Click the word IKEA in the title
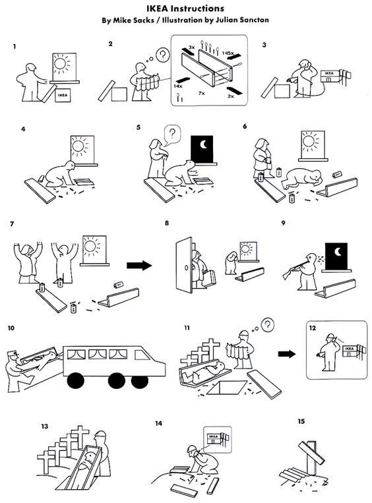pyautogui.click(x=159, y=8)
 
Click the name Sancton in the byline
pyautogui.click(x=254, y=20)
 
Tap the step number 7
pyautogui.click(x=12, y=224)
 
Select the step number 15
pyautogui.click(x=301, y=421)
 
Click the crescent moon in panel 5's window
pyautogui.click(x=204, y=145)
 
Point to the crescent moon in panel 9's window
pyautogui.click(x=338, y=252)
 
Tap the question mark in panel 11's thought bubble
pyautogui.click(x=267, y=325)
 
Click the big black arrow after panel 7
pyautogui.click(x=139, y=265)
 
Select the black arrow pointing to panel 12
pyautogui.click(x=287, y=354)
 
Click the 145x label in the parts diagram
pyautogui.click(x=228, y=53)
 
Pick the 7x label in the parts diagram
pyautogui.click(x=201, y=93)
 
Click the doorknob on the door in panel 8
pyautogui.click(x=186, y=267)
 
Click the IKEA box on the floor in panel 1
pyautogui.click(x=63, y=95)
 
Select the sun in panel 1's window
pyautogui.click(x=61, y=64)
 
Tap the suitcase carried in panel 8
pyautogui.click(x=208, y=279)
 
